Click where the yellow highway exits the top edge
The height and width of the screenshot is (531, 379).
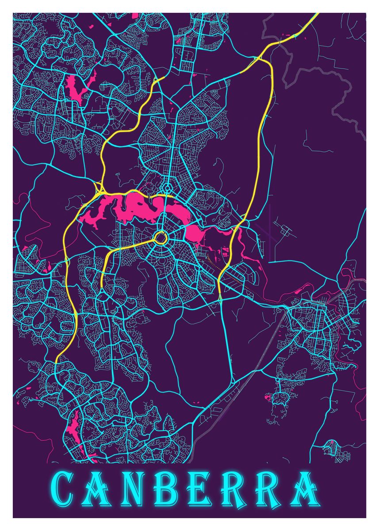[x=316, y=15]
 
